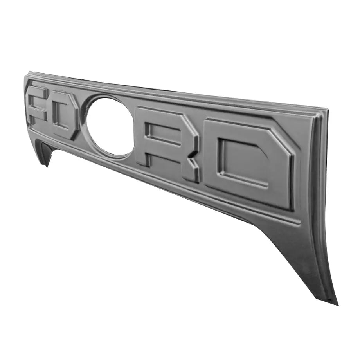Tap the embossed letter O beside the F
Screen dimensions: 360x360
[x=65, y=115]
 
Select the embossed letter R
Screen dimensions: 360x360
[x=166, y=143]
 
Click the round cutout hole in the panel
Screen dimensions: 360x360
[x=111, y=126]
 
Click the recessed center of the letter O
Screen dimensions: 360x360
[x=62, y=115]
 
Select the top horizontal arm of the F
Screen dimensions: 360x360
[x=39, y=92]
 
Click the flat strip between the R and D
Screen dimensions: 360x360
[x=202, y=153]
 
